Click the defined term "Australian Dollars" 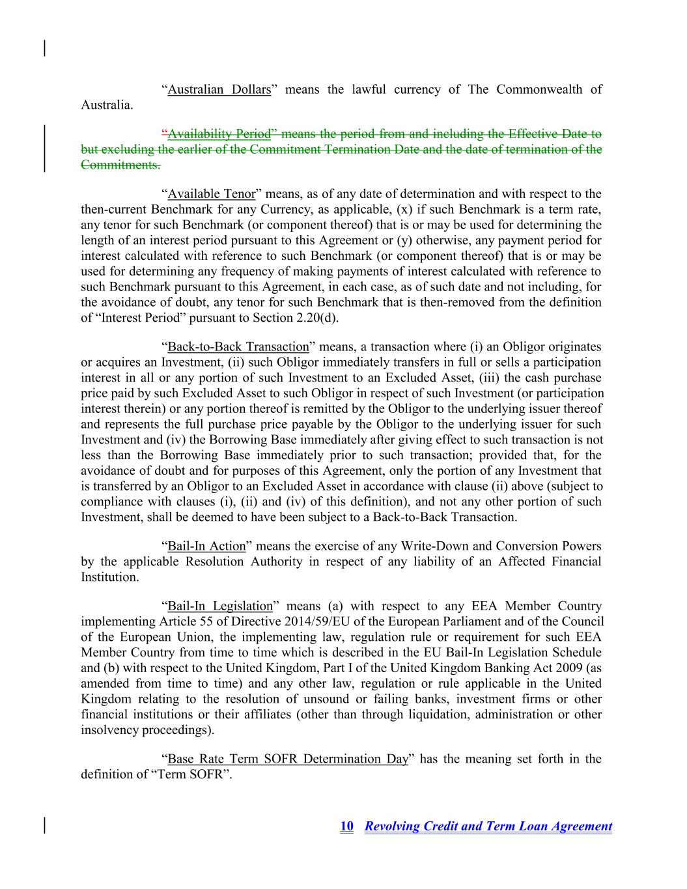point(219,90)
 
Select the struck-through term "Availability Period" point(219,134)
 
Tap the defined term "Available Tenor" point(212,194)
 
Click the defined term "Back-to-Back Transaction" point(238,347)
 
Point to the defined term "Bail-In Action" point(206,546)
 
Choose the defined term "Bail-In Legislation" point(220,606)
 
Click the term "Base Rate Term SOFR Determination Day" point(288,759)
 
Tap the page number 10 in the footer point(346,826)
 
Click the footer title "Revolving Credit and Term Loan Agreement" point(488,826)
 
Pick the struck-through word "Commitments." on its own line point(120,165)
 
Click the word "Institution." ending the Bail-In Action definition point(110,577)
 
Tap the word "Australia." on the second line point(107,105)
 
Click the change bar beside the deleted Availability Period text point(45,149)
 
